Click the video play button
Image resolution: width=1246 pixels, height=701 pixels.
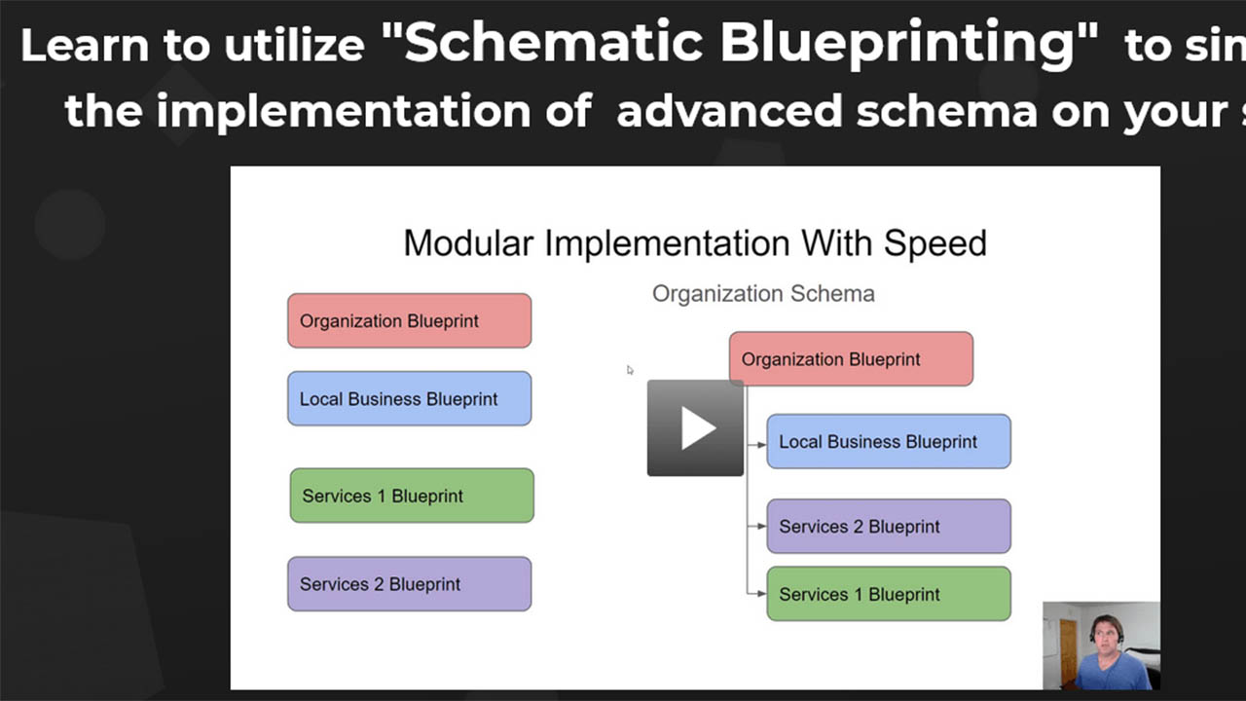tap(695, 427)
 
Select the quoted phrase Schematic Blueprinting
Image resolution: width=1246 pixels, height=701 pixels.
tap(751, 44)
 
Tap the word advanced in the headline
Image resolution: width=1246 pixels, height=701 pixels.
tap(730, 112)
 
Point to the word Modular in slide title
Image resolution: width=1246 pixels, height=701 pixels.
tap(469, 242)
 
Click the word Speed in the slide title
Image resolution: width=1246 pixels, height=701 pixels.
tap(934, 242)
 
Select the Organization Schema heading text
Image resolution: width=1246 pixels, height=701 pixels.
tap(763, 294)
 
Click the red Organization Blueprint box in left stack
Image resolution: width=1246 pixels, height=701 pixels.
tap(409, 321)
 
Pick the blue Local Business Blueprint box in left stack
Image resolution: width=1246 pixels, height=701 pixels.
tap(409, 399)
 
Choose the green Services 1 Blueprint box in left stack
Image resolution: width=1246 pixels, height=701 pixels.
tap(412, 496)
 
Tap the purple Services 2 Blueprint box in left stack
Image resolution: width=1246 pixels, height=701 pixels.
tap(409, 584)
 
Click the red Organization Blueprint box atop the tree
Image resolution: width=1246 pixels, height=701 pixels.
tap(851, 359)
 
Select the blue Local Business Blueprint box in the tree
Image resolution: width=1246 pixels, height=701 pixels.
tap(888, 442)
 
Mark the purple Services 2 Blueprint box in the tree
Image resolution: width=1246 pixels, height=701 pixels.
tap(888, 527)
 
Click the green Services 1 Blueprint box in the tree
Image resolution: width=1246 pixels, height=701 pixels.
tap(888, 594)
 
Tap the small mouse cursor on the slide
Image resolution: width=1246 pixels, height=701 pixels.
tap(630, 370)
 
